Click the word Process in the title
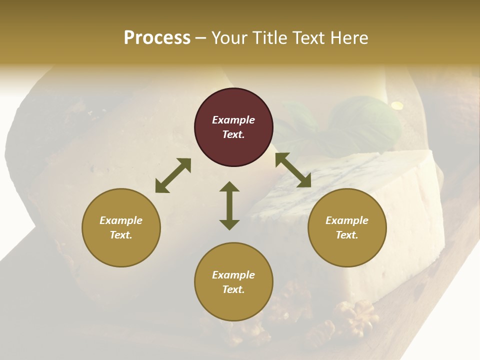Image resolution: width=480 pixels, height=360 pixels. (157, 38)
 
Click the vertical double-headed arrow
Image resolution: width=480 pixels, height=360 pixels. (229, 205)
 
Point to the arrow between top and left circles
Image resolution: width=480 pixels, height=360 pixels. (173, 175)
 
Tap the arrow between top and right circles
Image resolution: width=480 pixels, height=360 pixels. (293, 170)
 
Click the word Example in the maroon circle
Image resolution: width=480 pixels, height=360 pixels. (233, 120)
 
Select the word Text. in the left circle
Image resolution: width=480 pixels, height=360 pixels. (121, 235)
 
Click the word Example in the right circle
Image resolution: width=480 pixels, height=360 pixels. (347, 220)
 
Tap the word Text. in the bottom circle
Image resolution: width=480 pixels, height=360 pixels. (233, 289)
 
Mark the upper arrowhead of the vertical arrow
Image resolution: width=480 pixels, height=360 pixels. (229, 186)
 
